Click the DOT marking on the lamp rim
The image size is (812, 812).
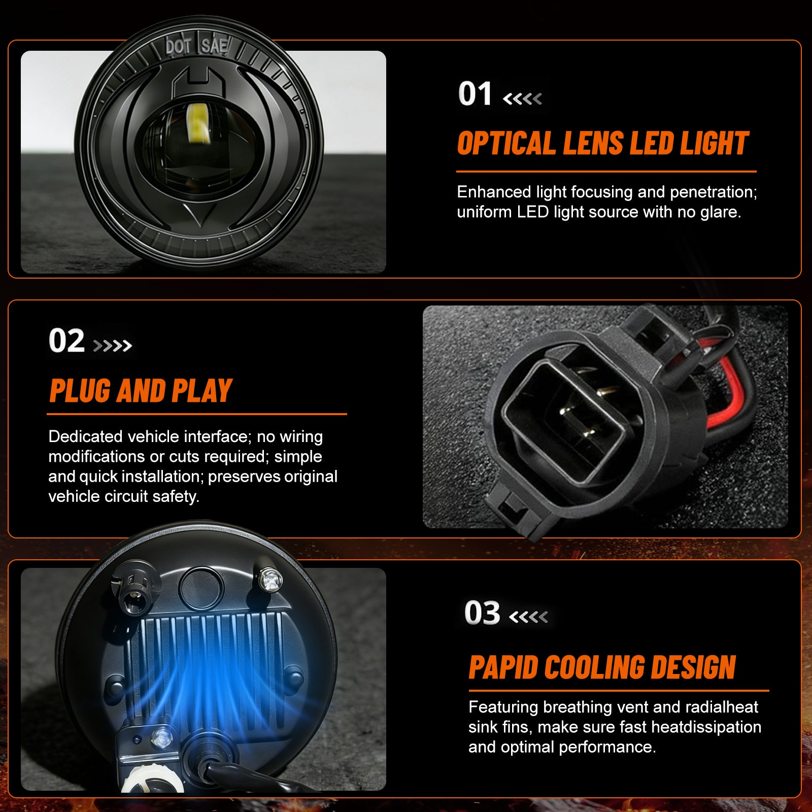pyautogui.click(x=178, y=47)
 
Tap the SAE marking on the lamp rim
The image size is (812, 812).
pyautogui.click(x=214, y=46)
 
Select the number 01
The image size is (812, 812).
pyautogui.click(x=475, y=94)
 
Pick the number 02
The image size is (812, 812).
pyautogui.click(x=66, y=341)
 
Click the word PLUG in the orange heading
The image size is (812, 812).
pyautogui.click(x=80, y=391)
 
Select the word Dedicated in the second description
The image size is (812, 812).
pyautogui.click(x=85, y=437)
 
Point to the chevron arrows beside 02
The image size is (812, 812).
pyautogui.click(x=113, y=346)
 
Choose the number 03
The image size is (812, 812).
pyautogui.click(x=482, y=613)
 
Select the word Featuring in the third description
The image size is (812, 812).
pyautogui.click(x=503, y=707)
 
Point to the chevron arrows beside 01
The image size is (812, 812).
pyautogui.click(x=522, y=98)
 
